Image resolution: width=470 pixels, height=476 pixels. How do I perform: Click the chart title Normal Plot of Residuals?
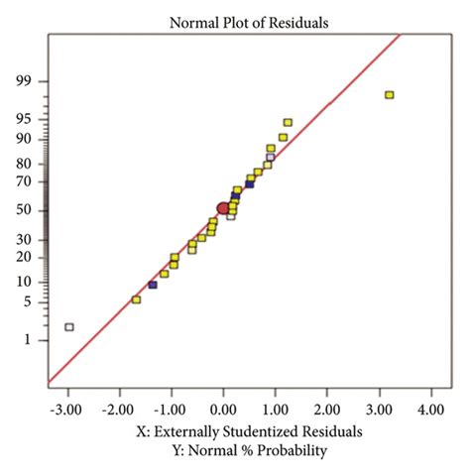[235, 21]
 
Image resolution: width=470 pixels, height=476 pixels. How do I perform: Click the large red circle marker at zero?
[223, 208]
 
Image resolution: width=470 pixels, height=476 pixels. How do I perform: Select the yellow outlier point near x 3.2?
[390, 95]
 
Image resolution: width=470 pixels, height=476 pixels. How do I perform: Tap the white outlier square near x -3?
[68, 326]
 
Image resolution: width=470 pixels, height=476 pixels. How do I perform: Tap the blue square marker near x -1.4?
[153, 285]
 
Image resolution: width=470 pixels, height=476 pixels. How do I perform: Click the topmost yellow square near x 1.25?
[288, 123]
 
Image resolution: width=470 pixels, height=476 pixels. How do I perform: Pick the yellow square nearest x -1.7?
[136, 299]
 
